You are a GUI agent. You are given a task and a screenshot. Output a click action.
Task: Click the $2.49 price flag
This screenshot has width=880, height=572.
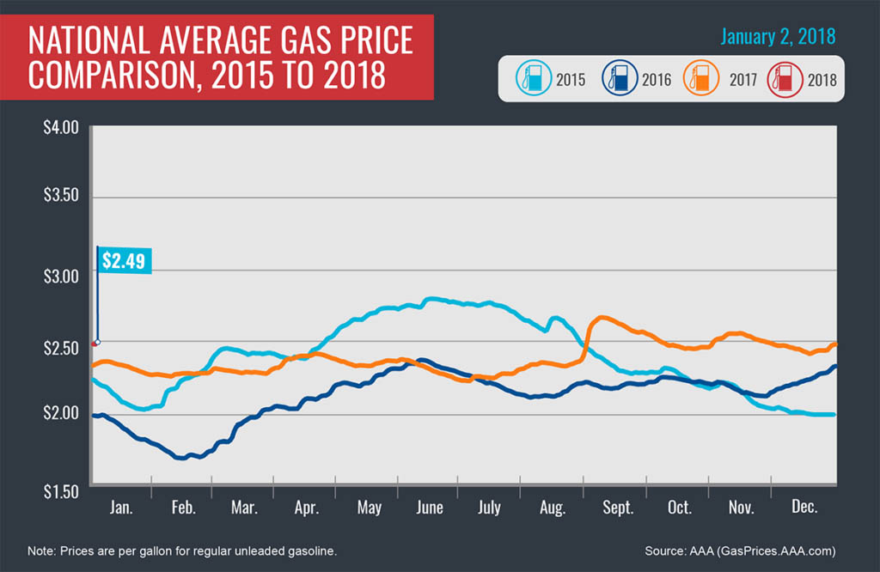[125, 260]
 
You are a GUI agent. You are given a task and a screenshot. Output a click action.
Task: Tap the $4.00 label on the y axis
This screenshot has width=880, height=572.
[60, 128]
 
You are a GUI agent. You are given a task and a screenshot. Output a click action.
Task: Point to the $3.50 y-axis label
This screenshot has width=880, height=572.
[60, 197]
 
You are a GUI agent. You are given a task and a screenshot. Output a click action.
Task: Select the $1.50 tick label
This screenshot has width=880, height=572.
[60, 491]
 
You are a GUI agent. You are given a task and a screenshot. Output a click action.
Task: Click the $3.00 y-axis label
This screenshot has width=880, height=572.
[60, 277]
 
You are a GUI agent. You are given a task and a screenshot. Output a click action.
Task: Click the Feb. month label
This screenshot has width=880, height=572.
[183, 508]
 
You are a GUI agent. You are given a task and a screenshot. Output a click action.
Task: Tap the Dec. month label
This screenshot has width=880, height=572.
[804, 508]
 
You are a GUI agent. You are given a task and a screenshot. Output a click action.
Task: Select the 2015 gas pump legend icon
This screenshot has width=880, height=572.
[531, 80]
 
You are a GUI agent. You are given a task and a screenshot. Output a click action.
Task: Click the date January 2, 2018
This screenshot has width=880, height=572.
[777, 38]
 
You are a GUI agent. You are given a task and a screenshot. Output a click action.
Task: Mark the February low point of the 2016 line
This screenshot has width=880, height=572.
[181, 458]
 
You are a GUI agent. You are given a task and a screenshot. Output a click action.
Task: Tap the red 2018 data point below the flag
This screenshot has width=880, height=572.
[94, 344]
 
